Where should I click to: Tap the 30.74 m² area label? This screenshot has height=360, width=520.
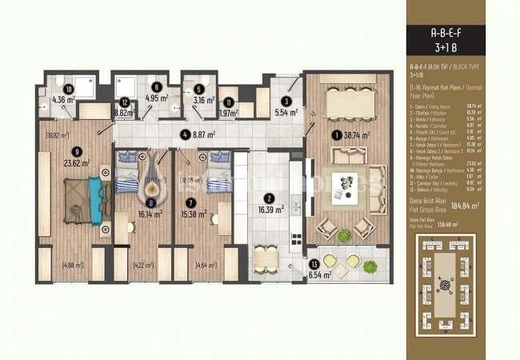pyautogui.click(x=362, y=135)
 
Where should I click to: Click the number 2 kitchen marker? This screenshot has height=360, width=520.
pyautogui.click(x=270, y=198)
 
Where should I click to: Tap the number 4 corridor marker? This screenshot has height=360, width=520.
pyautogui.click(x=185, y=134)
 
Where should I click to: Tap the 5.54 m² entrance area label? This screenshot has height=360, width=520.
pyautogui.click(x=287, y=114)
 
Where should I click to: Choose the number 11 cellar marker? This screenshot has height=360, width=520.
pyautogui.click(x=230, y=102)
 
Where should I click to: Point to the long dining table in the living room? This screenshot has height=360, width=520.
pyautogui.click(x=353, y=105)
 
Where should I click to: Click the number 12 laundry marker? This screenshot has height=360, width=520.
pyautogui.click(x=124, y=102)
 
